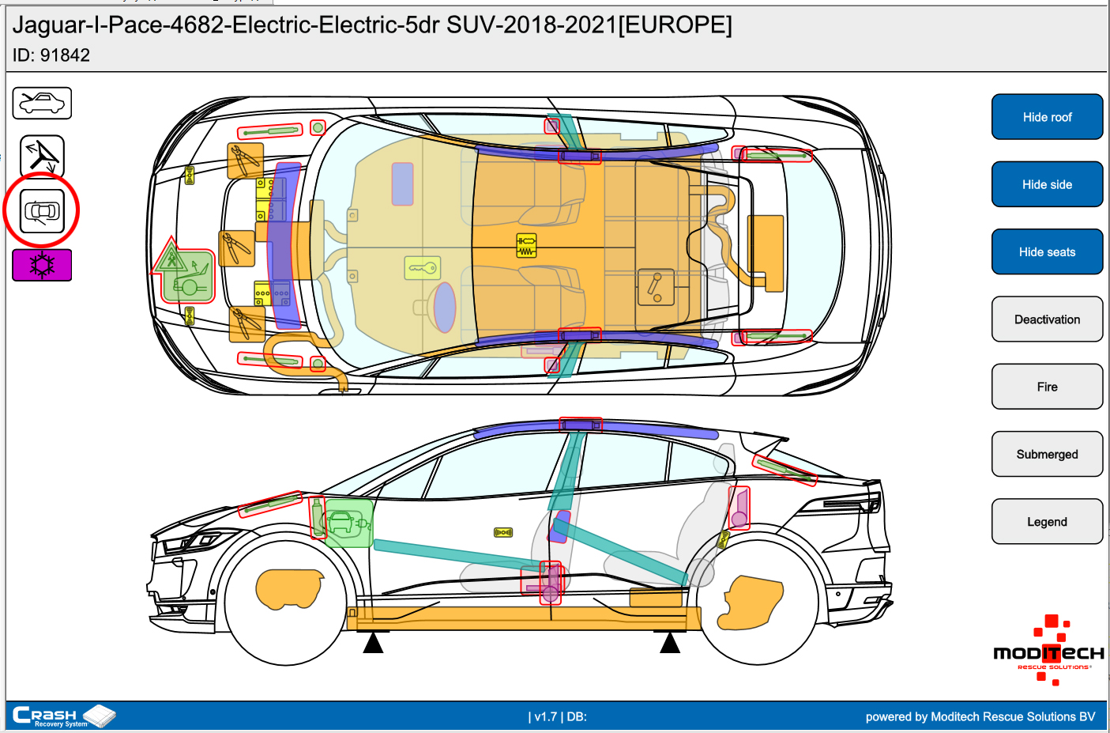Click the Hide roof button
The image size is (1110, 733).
[1047, 117]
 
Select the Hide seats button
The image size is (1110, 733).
[1047, 252]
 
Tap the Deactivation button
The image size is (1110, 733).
[1047, 319]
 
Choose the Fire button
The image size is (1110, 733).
[1047, 387]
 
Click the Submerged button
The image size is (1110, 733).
[1047, 455]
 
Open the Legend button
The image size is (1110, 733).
[1047, 522]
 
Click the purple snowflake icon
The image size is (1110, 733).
[42, 265]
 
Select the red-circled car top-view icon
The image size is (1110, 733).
[42, 211]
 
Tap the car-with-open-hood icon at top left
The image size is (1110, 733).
[42, 103]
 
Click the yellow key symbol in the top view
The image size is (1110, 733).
[422, 268]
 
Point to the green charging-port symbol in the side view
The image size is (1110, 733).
[348, 523]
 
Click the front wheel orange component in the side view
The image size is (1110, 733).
[289, 588]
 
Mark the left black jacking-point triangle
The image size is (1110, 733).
[373, 643]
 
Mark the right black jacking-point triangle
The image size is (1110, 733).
[670, 643]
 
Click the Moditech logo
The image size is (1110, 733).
[1048, 650]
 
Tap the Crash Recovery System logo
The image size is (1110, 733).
[64, 716]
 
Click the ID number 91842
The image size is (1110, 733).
[65, 55]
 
